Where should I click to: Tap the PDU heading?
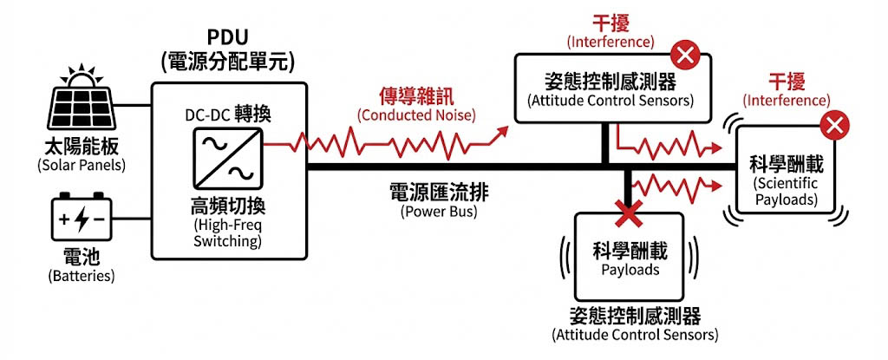tap(228, 39)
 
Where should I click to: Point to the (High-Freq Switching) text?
tap(227, 233)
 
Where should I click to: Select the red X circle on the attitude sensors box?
tap(686, 56)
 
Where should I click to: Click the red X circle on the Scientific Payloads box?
tap(834, 126)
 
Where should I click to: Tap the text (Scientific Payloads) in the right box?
tap(786, 192)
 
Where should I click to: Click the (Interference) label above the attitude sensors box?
tap(610, 41)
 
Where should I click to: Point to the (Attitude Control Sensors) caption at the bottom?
tap(635, 334)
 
